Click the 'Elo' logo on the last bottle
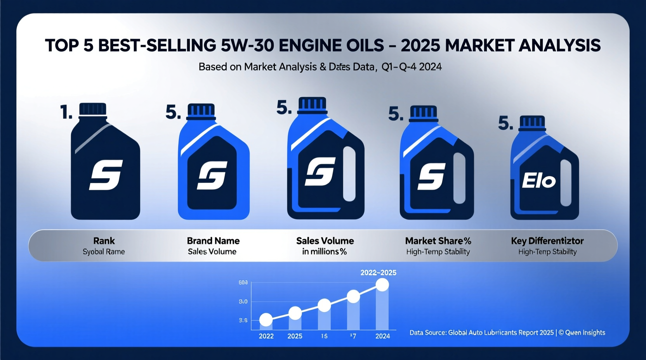coord(538,181)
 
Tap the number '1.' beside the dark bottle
coord(66,112)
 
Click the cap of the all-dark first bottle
coord(93,109)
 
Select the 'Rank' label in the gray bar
coord(104,241)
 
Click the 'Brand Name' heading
coord(213,241)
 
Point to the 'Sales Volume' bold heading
coord(325,241)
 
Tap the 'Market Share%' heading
coord(438,241)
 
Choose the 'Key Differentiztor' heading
coord(547,241)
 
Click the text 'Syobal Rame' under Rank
coord(104,252)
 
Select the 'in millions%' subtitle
coord(324,252)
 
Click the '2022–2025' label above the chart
coord(378,273)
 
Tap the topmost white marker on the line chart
coord(382,285)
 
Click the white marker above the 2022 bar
coord(266,320)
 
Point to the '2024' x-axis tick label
coord(382,336)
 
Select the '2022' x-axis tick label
coord(266,336)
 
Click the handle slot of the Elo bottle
coord(566,182)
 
